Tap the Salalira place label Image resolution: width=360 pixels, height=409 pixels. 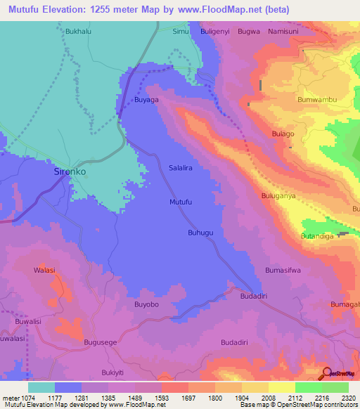181,169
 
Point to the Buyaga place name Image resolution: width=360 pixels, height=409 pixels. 147,100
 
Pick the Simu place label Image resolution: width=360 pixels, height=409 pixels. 181,32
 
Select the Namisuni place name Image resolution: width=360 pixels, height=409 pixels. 284,32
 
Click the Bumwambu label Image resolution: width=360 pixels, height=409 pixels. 318,99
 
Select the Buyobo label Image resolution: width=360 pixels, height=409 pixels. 147,304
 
